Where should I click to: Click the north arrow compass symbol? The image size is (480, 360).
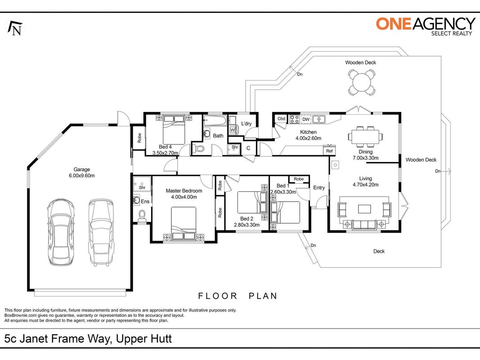coord(15,28)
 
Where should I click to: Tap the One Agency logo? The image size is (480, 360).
coord(426,27)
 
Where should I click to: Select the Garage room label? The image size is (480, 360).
coord(82,169)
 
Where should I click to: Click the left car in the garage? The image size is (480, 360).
coord(61,232)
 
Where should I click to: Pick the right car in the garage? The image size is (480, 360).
coord(101,232)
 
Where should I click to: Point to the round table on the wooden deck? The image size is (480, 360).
coord(362,82)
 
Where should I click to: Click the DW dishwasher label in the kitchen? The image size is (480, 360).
coord(306,119)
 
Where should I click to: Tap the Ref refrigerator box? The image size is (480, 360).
coord(329,151)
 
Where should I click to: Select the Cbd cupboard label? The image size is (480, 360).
coord(281,119)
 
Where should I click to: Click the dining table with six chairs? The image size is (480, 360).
coord(365,136)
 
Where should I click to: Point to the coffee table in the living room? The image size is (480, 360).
coord(364,209)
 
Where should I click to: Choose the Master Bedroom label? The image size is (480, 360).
coord(184,191)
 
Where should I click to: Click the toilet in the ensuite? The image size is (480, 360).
coord(142,216)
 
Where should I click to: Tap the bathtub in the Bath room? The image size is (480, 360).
coord(215,121)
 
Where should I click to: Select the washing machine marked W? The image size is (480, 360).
coord(233,130)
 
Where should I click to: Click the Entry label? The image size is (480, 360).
coord(319,188)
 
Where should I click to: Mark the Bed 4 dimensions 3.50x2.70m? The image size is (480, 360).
coord(165,153)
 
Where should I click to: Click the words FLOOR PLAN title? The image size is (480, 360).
coord(238,296)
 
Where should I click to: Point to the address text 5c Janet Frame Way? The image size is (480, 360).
coord(56,339)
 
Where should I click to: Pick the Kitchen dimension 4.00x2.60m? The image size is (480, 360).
coord(308,138)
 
